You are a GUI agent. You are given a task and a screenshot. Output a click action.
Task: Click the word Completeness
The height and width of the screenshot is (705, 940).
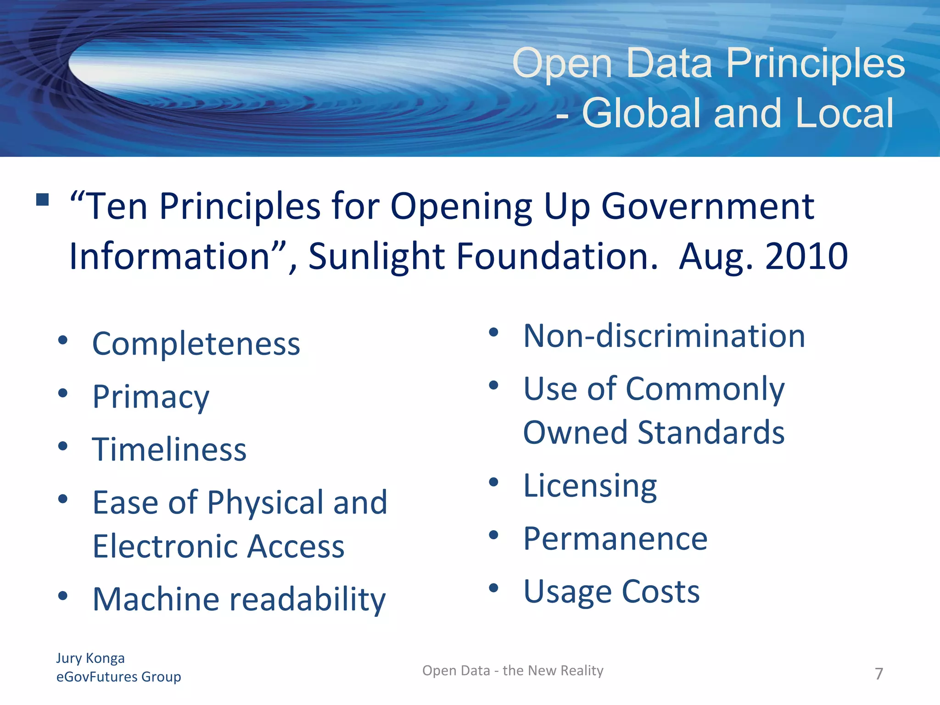click(x=196, y=344)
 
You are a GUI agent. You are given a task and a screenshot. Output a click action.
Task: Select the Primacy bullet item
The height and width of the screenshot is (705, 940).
click(x=151, y=397)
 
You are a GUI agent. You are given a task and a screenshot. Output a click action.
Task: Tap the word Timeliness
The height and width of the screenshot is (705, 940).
click(x=169, y=449)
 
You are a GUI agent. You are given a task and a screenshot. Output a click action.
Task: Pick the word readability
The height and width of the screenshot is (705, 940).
click(x=307, y=599)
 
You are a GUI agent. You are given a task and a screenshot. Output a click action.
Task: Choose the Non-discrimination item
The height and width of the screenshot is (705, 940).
click(x=664, y=336)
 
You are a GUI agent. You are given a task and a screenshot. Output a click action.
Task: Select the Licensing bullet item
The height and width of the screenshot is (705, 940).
click(x=590, y=486)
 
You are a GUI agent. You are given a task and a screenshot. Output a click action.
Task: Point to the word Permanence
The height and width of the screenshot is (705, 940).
click(x=615, y=539)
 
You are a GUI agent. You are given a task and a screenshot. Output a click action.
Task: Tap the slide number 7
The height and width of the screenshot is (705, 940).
click(x=878, y=674)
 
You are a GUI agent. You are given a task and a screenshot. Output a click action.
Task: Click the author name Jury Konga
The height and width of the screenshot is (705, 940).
click(x=90, y=658)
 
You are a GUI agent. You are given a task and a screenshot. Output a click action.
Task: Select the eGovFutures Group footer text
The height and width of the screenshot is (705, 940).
click(x=118, y=677)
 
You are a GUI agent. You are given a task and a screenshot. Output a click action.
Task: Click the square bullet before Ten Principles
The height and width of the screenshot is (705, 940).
click(x=42, y=200)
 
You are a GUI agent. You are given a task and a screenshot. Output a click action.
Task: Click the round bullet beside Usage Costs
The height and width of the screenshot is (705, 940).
click(x=493, y=588)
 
